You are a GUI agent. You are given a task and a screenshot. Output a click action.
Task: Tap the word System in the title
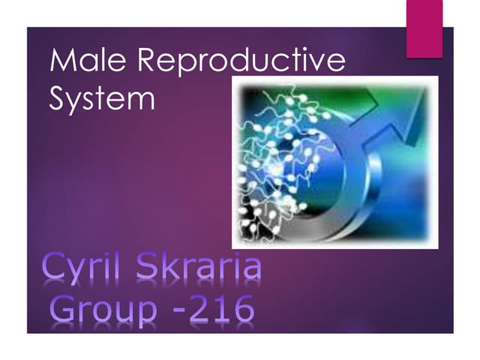[x=102, y=99]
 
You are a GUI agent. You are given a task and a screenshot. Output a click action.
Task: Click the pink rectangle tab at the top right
[x=424, y=28]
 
